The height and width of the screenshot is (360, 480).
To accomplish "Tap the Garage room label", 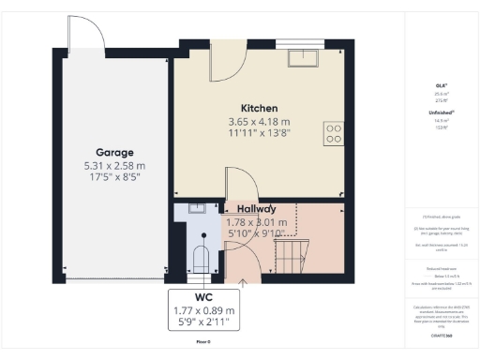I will click(114, 152).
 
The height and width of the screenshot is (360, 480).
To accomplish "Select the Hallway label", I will click(256, 208).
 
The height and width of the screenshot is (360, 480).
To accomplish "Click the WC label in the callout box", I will click(203, 295).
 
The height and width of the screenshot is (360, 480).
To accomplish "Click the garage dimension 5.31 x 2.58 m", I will click(114, 166).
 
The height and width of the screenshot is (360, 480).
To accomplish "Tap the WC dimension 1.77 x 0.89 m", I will click(203, 309).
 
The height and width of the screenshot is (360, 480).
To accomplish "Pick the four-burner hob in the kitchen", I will click(333, 134).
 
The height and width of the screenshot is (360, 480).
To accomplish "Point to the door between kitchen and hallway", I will click(233, 184).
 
